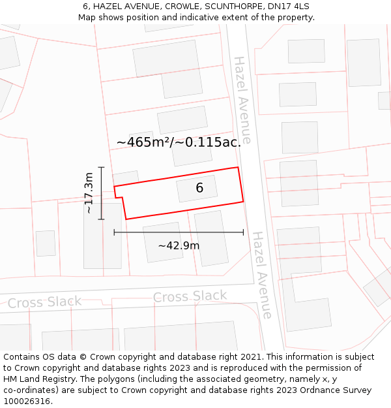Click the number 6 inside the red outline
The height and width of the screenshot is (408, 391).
click(199, 188)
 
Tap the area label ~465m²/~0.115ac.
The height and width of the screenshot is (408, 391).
click(179, 142)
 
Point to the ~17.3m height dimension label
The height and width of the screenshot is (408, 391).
click(89, 193)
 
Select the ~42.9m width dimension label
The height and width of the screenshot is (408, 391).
click(179, 245)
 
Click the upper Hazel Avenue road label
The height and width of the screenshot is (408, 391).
click(242, 100)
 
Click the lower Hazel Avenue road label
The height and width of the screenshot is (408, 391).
click(261, 275)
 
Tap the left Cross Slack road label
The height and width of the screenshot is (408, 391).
click(44, 302)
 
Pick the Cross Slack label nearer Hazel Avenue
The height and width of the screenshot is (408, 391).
click(190, 296)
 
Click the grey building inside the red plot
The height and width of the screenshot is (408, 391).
click(196, 188)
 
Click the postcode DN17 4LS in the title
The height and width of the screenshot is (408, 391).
click(288, 7)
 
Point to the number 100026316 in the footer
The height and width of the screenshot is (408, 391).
click(28, 401)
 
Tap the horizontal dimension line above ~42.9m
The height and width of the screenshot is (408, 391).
click(179, 232)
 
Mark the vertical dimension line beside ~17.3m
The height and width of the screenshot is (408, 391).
click(101, 193)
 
